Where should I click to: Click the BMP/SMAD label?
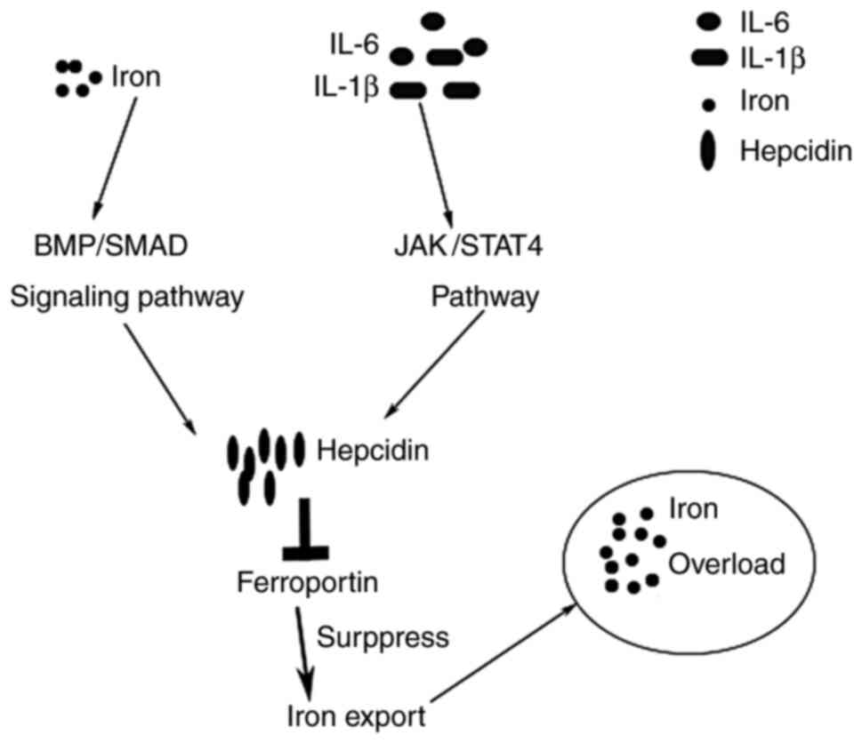(x=106, y=245)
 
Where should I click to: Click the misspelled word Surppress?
(x=383, y=636)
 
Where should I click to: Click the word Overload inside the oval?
(x=728, y=563)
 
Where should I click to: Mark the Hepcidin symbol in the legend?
(x=709, y=151)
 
